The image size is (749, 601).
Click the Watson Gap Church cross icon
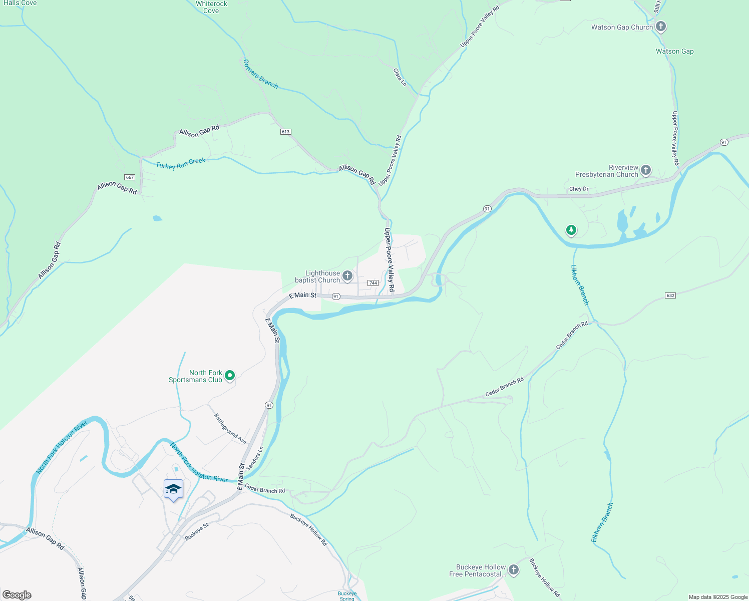[661, 27]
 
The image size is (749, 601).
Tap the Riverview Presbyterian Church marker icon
[646, 170]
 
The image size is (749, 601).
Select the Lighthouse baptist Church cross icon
[347, 276]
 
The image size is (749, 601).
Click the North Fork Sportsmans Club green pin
[230, 375]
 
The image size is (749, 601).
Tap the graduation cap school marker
[173, 489]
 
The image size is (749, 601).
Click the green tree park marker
[571, 230]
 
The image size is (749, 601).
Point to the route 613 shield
[285, 132]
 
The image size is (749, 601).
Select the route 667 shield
[130, 177]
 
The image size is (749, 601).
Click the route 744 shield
[372, 283]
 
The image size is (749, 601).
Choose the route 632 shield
[670, 295]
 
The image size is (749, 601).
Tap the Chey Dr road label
[579, 189]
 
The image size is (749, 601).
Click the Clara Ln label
[400, 77]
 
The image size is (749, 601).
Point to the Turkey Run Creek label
[180, 164]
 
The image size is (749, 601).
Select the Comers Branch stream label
[260, 74]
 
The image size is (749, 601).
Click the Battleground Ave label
[230, 428]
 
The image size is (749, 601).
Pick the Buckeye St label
[196, 531]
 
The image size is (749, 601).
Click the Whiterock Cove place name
[211, 7]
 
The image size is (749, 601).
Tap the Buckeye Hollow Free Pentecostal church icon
[514, 569]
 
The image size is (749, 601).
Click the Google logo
[17, 595]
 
